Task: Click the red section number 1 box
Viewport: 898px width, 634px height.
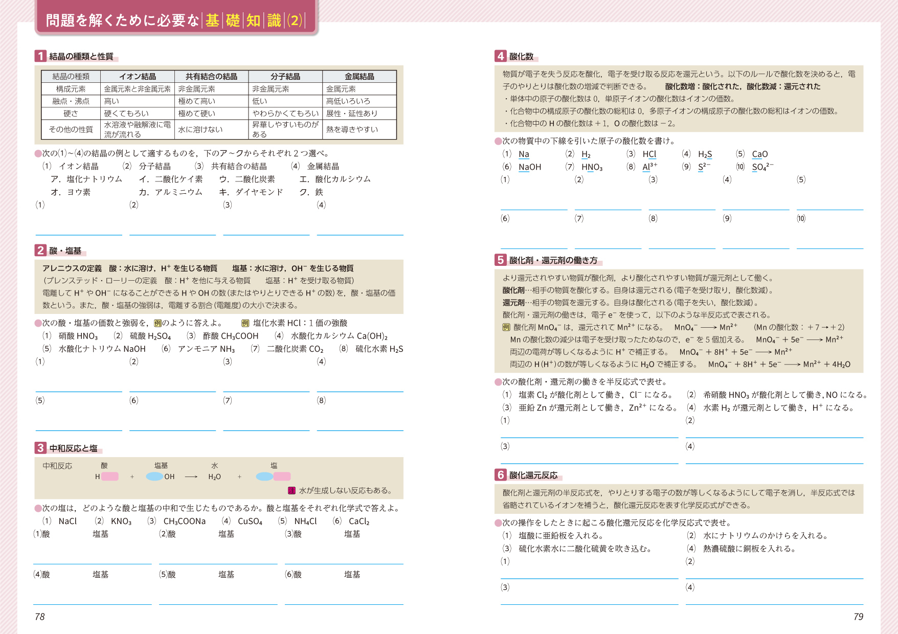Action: click(x=40, y=56)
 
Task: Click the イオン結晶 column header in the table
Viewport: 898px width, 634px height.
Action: click(x=138, y=76)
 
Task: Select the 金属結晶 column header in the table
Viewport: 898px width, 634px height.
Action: click(x=359, y=76)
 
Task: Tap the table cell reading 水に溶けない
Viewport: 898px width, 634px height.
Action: click(x=200, y=129)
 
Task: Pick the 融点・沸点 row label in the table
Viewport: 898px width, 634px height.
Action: click(x=71, y=101)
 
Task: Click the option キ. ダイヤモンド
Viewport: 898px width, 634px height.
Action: click(x=251, y=192)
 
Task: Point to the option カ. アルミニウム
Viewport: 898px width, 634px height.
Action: click(x=171, y=192)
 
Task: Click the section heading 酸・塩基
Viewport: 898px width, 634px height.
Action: click(x=65, y=251)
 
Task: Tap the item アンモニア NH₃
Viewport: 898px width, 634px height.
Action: click(x=199, y=349)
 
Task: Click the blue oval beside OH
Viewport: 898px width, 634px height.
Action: click(x=154, y=477)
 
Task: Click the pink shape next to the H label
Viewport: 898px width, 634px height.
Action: click(x=110, y=477)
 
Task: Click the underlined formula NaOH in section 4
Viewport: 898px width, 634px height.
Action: click(x=530, y=167)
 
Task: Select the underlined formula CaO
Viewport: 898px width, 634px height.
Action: click(x=760, y=154)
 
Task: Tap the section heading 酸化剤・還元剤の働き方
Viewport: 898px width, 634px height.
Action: click(x=553, y=260)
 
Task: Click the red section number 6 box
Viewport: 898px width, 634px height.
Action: click(x=501, y=475)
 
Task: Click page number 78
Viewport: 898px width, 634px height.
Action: click(x=40, y=617)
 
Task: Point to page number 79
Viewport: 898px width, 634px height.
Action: click(x=858, y=617)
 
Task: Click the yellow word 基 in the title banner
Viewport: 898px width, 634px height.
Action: click(x=212, y=20)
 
